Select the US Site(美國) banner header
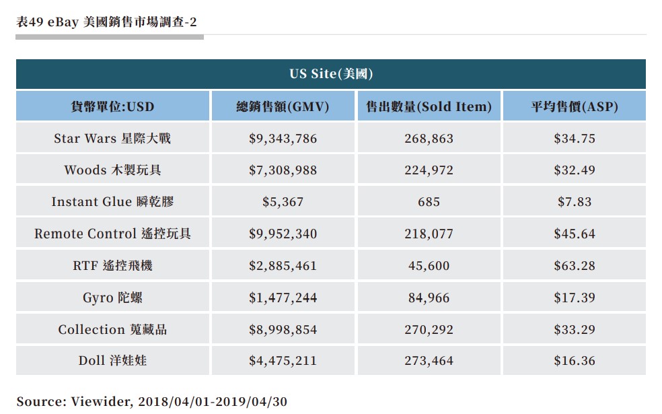(x=331, y=74)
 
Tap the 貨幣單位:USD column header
(x=112, y=106)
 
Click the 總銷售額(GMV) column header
(x=283, y=106)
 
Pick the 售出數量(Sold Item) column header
(x=429, y=106)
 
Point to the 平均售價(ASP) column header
(x=574, y=106)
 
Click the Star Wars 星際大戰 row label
(x=112, y=139)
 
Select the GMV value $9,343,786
(x=283, y=139)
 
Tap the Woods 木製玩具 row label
(x=112, y=170)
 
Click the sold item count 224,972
(x=429, y=170)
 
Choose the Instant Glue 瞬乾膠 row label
(x=112, y=202)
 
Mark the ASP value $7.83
(x=574, y=202)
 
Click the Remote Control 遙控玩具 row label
(x=112, y=234)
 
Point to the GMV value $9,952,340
(x=283, y=234)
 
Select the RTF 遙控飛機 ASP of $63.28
(x=574, y=266)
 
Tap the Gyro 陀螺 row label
(x=112, y=298)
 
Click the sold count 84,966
(x=429, y=298)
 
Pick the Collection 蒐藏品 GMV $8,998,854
(x=283, y=330)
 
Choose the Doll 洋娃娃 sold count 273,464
(x=429, y=361)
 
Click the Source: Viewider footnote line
(x=152, y=402)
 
